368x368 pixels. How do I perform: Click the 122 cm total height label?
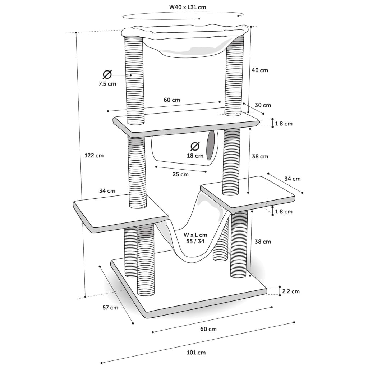(x=94, y=156)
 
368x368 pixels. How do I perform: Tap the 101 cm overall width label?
(x=196, y=353)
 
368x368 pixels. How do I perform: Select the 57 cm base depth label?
(x=110, y=308)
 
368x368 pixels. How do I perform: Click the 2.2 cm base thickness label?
(x=291, y=291)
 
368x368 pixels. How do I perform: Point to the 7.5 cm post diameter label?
(x=107, y=84)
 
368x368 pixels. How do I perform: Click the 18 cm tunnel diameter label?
(x=195, y=156)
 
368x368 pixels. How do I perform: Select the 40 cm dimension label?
(x=259, y=70)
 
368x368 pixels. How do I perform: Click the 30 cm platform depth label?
(x=263, y=105)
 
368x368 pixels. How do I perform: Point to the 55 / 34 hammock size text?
(x=195, y=241)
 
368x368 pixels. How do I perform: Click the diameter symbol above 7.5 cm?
(x=107, y=75)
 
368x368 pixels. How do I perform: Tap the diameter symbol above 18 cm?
(x=195, y=146)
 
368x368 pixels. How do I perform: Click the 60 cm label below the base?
(x=208, y=329)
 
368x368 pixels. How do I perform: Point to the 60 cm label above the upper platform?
(x=172, y=100)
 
